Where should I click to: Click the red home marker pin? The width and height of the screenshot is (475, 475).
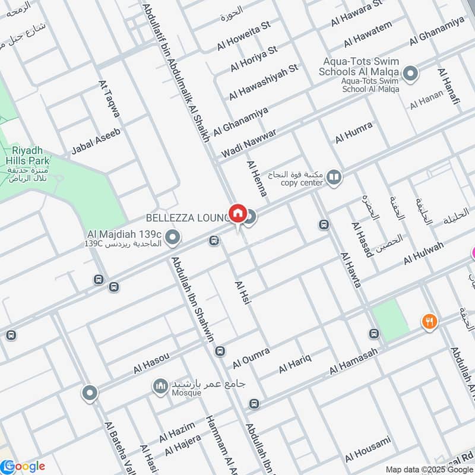tap(237, 213)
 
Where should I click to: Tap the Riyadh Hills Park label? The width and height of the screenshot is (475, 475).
tap(27, 156)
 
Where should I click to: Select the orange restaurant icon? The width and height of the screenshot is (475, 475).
tap(429, 322)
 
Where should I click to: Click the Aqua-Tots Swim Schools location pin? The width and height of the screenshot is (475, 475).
tap(410, 74)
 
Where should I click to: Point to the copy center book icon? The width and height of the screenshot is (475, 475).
tap(335, 178)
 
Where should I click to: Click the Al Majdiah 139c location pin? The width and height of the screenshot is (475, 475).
tap(173, 238)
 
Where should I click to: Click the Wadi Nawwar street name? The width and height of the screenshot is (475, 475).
tap(249, 143)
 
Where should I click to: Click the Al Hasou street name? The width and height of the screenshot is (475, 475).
tap(151, 363)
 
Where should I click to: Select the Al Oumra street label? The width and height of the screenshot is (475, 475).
tap(251, 357)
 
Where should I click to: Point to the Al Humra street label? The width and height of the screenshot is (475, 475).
tap(354, 132)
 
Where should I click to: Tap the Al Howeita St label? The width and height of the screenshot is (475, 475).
tap(243, 36)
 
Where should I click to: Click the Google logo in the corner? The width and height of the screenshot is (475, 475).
tap(23, 466)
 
